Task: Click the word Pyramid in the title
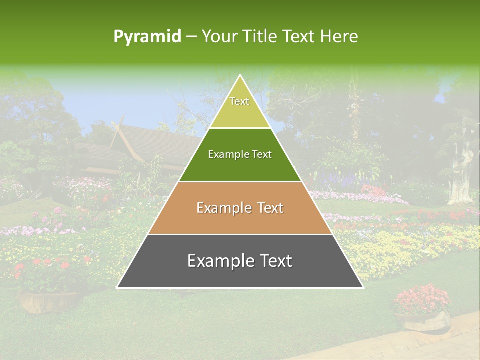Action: coord(147,37)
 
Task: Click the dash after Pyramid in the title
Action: coord(190,37)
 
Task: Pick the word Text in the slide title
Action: coord(299,37)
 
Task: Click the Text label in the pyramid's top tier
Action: coord(239,101)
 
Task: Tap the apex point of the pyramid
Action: coord(240,75)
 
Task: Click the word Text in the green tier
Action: coord(262,155)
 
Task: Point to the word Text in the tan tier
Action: coord(270,208)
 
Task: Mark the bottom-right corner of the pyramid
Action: coord(363,287)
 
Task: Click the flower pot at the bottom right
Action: coord(423,320)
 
